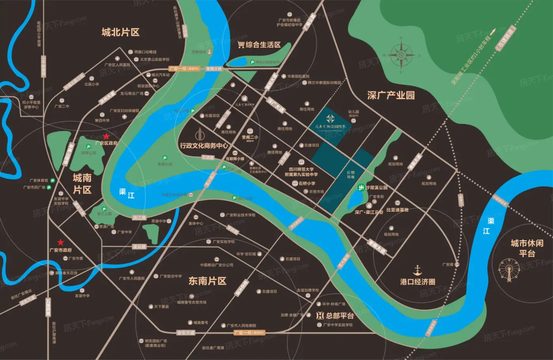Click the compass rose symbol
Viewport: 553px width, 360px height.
coord(401,55)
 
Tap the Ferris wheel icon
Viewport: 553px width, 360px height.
coord(509,270)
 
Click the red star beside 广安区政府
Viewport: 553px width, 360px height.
coord(106,136)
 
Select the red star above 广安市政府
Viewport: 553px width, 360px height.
coord(60,242)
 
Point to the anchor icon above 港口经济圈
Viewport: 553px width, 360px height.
coord(418,271)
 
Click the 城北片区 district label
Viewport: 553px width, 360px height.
coord(120,32)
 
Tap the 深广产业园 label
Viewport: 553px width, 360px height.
coord(391,95)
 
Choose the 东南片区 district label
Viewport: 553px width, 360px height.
coord(207,281)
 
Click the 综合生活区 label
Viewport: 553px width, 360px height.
coord(259,45)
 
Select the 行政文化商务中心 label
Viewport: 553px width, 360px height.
coord(204,145)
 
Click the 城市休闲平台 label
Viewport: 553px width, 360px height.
coord(527,248)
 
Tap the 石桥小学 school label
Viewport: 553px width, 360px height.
coord(307,183)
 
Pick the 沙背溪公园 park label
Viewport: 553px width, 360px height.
coord(376,188)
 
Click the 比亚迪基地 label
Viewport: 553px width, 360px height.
coord(397,210)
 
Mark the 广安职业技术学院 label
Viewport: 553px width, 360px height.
coord(240,215)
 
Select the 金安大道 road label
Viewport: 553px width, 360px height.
coord(186,333)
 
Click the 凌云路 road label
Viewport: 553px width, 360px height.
coord(139,247)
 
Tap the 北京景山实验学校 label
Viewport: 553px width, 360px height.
coord(154,60)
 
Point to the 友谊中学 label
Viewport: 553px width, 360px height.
coord(82,296)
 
